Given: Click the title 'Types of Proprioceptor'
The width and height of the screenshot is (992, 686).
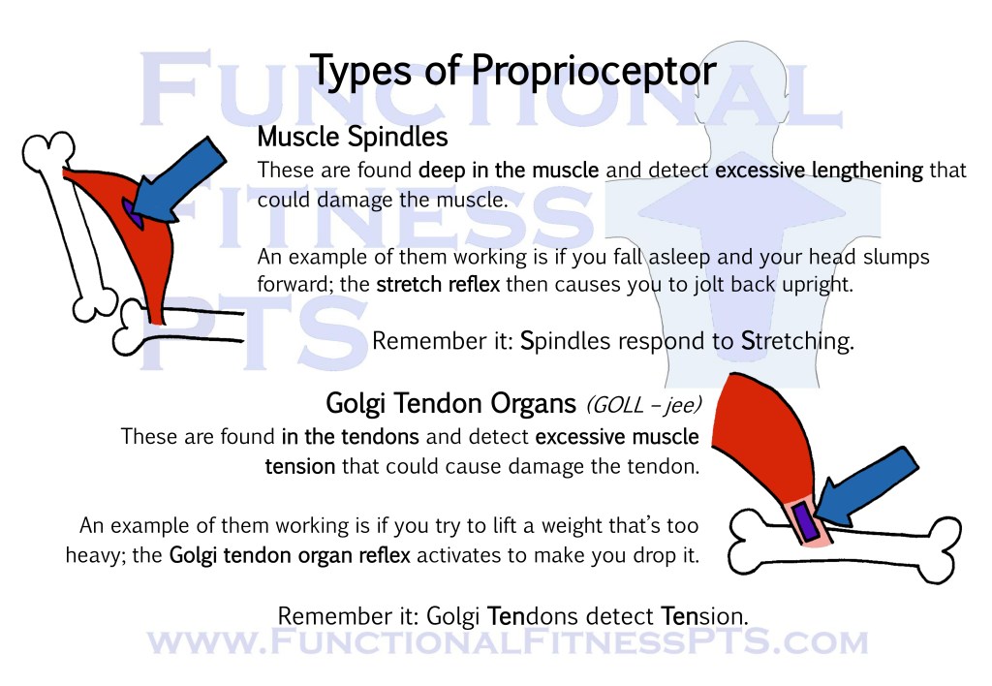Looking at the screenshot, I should point(512,71).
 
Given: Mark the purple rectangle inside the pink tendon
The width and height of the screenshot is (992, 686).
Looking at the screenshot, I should point(803,519).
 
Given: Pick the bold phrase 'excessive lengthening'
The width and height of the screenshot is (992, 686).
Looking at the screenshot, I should point(819,171).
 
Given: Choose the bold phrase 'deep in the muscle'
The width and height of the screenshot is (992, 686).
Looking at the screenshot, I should point(509,171).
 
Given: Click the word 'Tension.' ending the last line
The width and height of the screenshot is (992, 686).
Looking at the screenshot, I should point(704,615).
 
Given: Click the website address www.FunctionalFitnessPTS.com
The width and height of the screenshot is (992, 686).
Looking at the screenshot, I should point(507,642).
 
